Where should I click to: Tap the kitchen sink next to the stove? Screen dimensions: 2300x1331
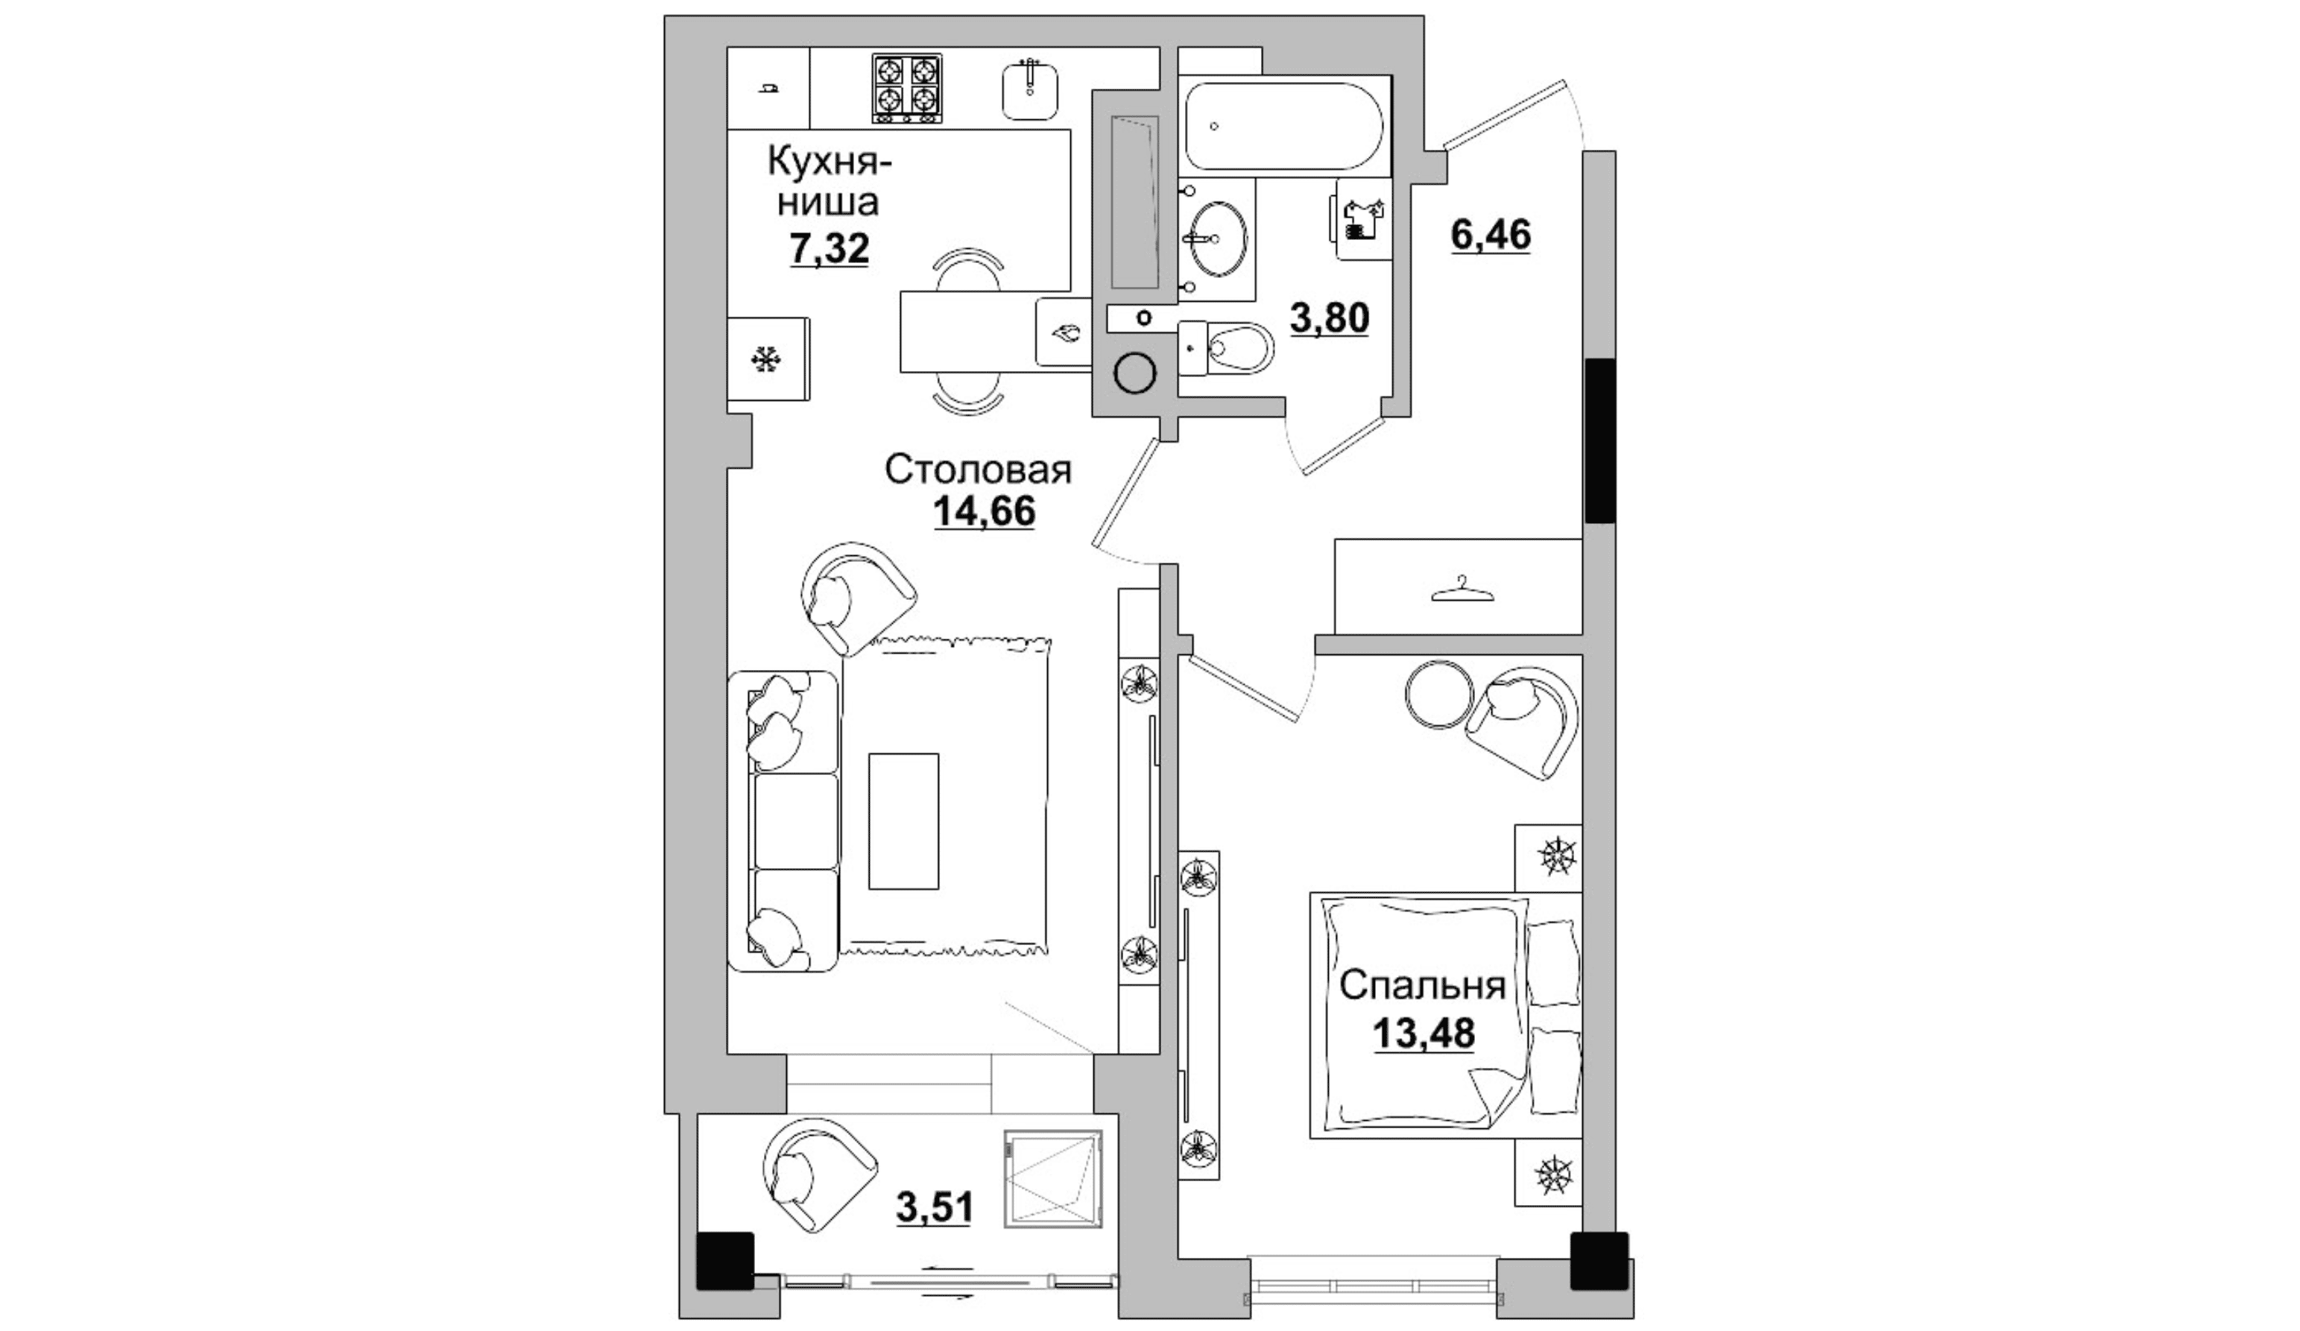pos(1031,89)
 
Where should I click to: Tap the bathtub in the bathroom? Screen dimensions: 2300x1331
pos(1283,126)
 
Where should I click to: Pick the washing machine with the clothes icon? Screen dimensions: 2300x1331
pos(1364,219)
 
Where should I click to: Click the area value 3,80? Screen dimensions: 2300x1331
pos(1329,320)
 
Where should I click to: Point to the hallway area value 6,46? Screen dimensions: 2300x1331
pos(1491,235)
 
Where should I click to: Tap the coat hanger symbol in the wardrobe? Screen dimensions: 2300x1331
pos(1462,589)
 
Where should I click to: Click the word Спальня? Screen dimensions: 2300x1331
pos(1422,986)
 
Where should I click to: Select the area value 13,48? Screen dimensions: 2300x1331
pos(1423,1034)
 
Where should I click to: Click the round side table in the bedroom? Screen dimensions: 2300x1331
pos(1438,694)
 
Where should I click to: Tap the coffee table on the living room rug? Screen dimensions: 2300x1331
pos(903,821)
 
